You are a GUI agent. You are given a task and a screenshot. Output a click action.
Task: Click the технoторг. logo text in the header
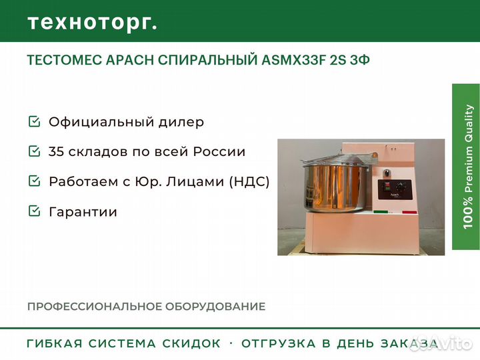(93, 22)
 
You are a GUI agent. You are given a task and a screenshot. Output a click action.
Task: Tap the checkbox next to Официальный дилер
(34, 122)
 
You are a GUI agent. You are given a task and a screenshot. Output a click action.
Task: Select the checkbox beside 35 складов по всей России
(34, 151)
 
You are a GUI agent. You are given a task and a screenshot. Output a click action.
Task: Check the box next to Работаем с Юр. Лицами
(34, 181)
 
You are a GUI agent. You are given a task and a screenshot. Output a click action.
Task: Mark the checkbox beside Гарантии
(34, 211)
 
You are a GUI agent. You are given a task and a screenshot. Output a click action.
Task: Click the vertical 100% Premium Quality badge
(465, 167)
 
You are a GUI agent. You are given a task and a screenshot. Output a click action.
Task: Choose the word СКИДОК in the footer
(192, 344)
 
